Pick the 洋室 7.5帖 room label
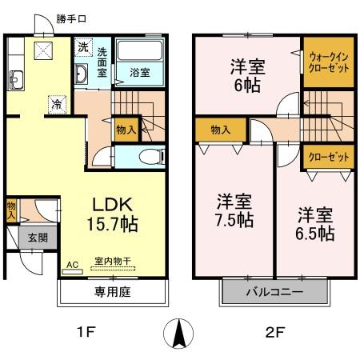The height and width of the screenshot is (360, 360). click(234, 210)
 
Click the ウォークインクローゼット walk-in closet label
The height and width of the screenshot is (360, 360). click(326, 62)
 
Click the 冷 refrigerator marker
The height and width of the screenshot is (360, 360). click(56, 102)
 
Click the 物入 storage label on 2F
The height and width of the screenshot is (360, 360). click(222, 128)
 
